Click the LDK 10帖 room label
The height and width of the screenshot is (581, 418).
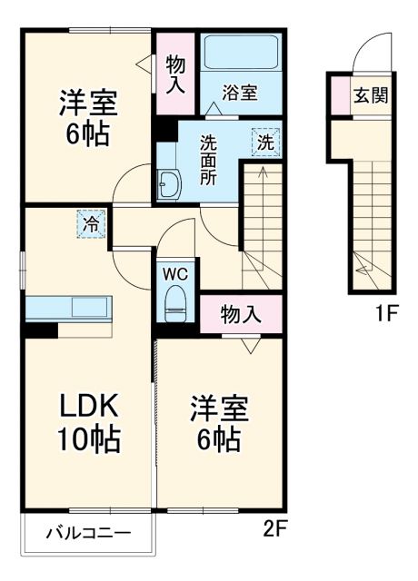(89, 423)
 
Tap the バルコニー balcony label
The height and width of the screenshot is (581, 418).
(88, 534)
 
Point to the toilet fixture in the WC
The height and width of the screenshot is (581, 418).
(174, 305)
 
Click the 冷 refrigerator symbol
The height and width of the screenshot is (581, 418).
(92, 222)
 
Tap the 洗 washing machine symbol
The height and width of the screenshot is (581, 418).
(265, 142)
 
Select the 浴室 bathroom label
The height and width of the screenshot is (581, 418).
(241, 91)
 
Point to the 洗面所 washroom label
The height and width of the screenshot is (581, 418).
(209, 159)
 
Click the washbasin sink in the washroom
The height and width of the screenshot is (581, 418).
(167, 186)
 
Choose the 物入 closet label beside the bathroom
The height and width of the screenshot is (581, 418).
(175, 73)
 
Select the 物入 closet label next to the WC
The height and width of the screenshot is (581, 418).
(241, 315)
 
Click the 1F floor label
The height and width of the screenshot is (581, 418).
(388, 315)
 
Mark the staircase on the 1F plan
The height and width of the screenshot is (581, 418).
(373, 218)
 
